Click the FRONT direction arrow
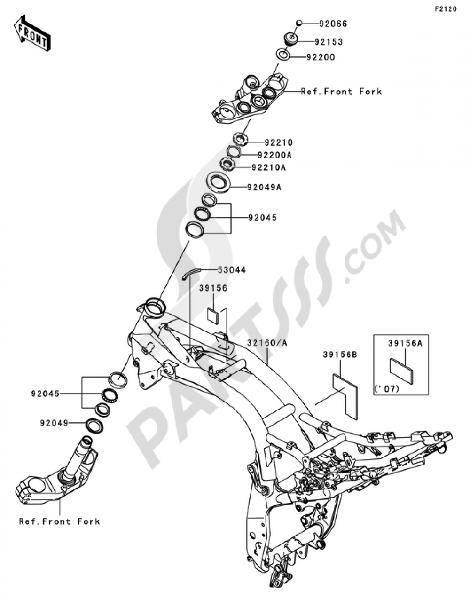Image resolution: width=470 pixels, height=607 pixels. [32, 33]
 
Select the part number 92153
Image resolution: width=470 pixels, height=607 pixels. [329, 42]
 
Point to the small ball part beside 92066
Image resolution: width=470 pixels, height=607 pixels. [298, 23]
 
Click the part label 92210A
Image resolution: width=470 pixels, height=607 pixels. [269, 167]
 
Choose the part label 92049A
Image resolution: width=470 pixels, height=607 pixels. [264, 188]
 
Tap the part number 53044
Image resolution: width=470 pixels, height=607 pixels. [232, 270]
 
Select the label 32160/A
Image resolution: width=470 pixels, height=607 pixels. [267, 343]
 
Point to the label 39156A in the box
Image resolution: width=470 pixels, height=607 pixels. [405, 343]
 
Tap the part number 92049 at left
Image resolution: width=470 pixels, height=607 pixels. [54, 423]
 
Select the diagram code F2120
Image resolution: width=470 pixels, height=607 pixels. [445, 9]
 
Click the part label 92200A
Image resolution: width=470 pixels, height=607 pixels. [274, 155]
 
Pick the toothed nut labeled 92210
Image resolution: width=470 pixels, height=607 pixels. [240, 139]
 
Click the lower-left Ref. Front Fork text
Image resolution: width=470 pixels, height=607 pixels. [59, 521]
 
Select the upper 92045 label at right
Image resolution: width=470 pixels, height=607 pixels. [262, 217]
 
